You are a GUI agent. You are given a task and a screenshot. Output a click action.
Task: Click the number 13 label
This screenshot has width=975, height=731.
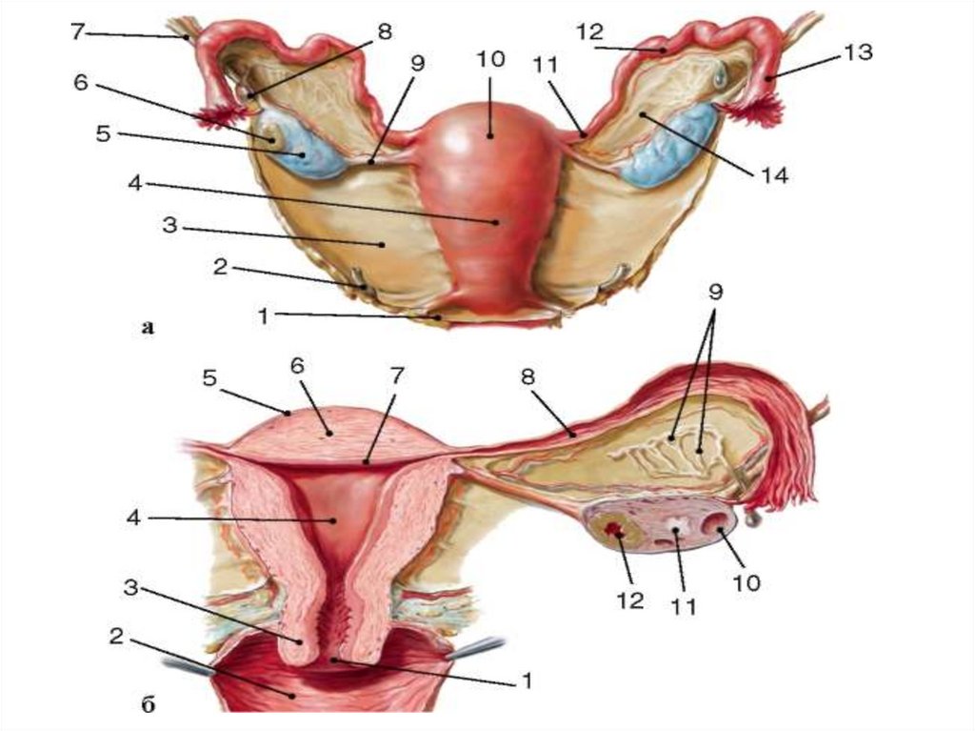coord(858,53)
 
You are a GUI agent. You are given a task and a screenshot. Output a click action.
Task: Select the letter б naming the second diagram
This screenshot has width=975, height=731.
coord(148,706)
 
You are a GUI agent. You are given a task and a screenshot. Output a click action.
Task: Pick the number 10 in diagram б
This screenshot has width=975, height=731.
coord(746,582)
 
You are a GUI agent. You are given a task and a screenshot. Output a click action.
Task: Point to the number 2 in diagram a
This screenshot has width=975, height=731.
coord(219,268)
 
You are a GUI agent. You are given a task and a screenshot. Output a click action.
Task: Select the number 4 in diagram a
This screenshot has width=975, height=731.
coord(135,183)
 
